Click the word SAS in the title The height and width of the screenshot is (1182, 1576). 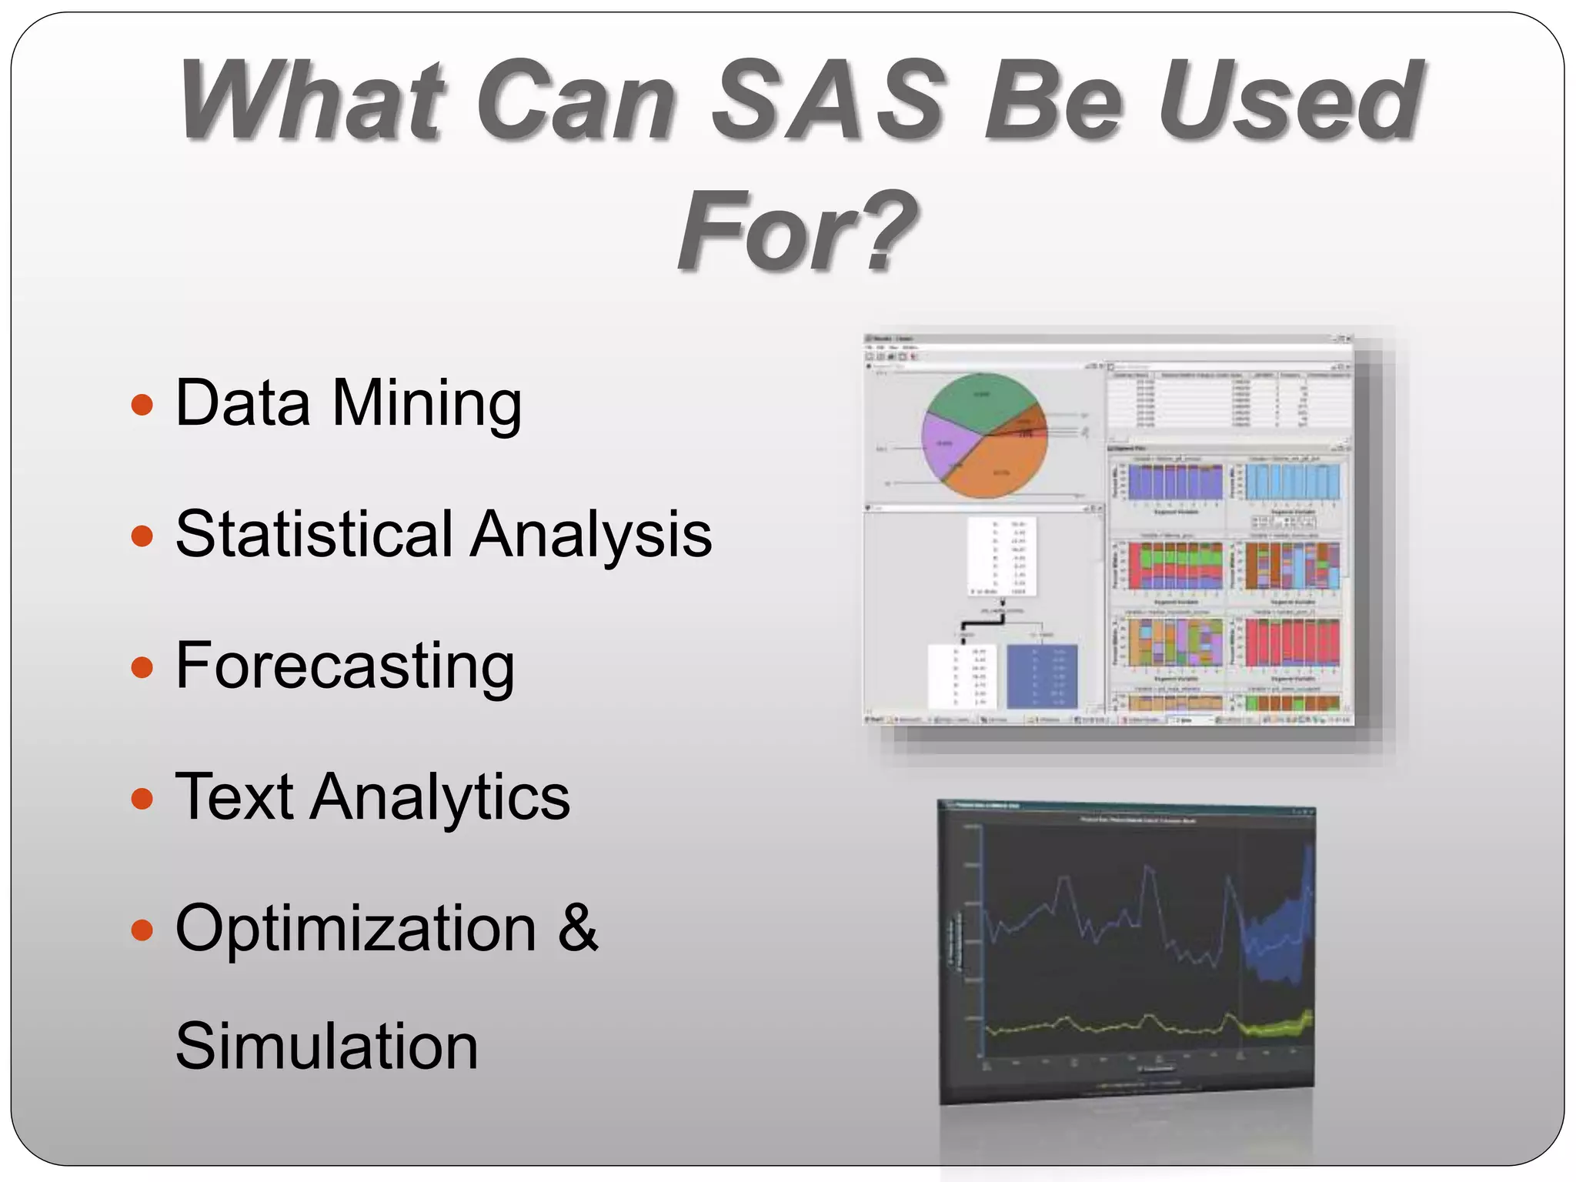[x=827, y=102]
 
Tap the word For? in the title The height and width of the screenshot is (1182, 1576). [x=796, y=231]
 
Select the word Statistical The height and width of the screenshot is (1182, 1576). [x=314, y=534]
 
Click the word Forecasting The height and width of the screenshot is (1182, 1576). [x=345, y=666]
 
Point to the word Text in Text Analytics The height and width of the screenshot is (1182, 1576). [x=235, y=797]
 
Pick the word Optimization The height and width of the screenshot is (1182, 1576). [x=356, y=929]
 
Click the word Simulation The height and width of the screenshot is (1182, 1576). [x=326, y=1047]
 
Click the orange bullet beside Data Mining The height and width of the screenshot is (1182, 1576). [x=142, y=404]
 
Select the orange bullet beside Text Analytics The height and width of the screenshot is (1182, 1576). [x=142, y=798]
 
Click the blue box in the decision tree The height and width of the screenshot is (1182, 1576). [x=1042, y=676]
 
